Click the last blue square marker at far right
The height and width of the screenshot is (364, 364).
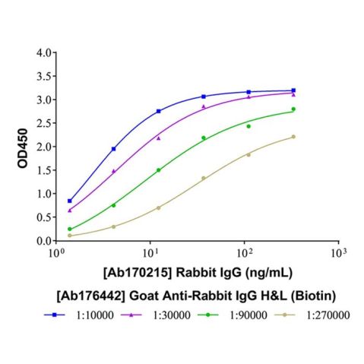tap(293, 90)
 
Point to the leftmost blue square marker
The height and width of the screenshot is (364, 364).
tap(70, 201)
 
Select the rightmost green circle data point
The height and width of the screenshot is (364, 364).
tap(293, 109)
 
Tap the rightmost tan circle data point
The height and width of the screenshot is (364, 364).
tap(293, 137)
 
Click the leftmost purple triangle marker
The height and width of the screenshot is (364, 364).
tap(70, 210)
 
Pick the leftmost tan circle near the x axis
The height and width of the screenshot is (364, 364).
tap(70, 236)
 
